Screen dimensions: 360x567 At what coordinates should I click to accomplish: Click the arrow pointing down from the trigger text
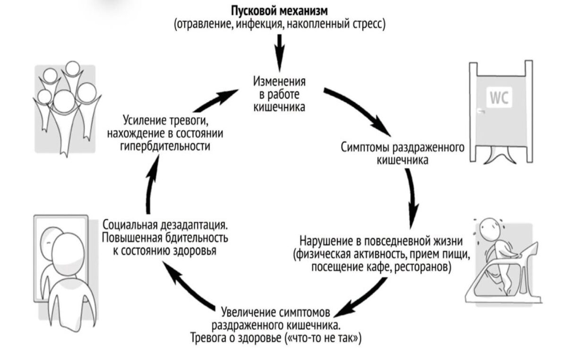pyautogui.click(x=280, y=51)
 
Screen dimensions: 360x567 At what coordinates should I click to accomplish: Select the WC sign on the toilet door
pyautogui.click(x=498, y=99)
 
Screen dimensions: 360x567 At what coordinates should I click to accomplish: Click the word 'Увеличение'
pyautogui.click(x=249, y=312)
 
